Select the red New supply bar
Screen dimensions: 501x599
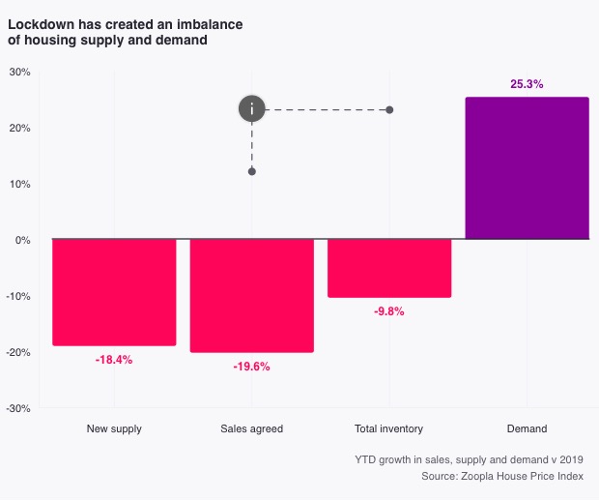[114, 291]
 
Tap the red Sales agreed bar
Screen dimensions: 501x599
[251, 295]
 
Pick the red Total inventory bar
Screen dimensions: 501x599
[389, 267]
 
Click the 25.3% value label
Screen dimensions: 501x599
[527, 84]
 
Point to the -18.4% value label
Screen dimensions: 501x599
[114, 360]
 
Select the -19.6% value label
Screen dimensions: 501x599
[251, 367]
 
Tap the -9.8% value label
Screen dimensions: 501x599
[389, 311]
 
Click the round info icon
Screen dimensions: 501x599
[252, 108]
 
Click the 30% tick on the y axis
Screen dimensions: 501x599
[19, 72]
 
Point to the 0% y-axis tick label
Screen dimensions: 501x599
[23, 240]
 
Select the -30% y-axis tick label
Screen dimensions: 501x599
[18, 408]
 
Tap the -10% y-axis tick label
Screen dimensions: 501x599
[18, 296]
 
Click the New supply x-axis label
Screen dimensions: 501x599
[114, 428]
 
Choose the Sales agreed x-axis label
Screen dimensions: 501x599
[251, 428]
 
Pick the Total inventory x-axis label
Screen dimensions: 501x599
[389, 428]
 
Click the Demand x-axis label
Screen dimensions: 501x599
[527, 428]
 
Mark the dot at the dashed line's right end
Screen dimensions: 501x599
[389, 110]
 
